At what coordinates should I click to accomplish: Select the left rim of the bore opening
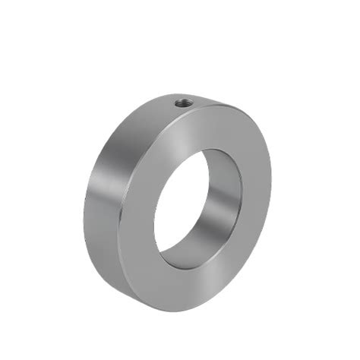[x=155, y=220]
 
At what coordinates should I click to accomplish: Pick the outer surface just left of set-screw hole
[x=156, y=106]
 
